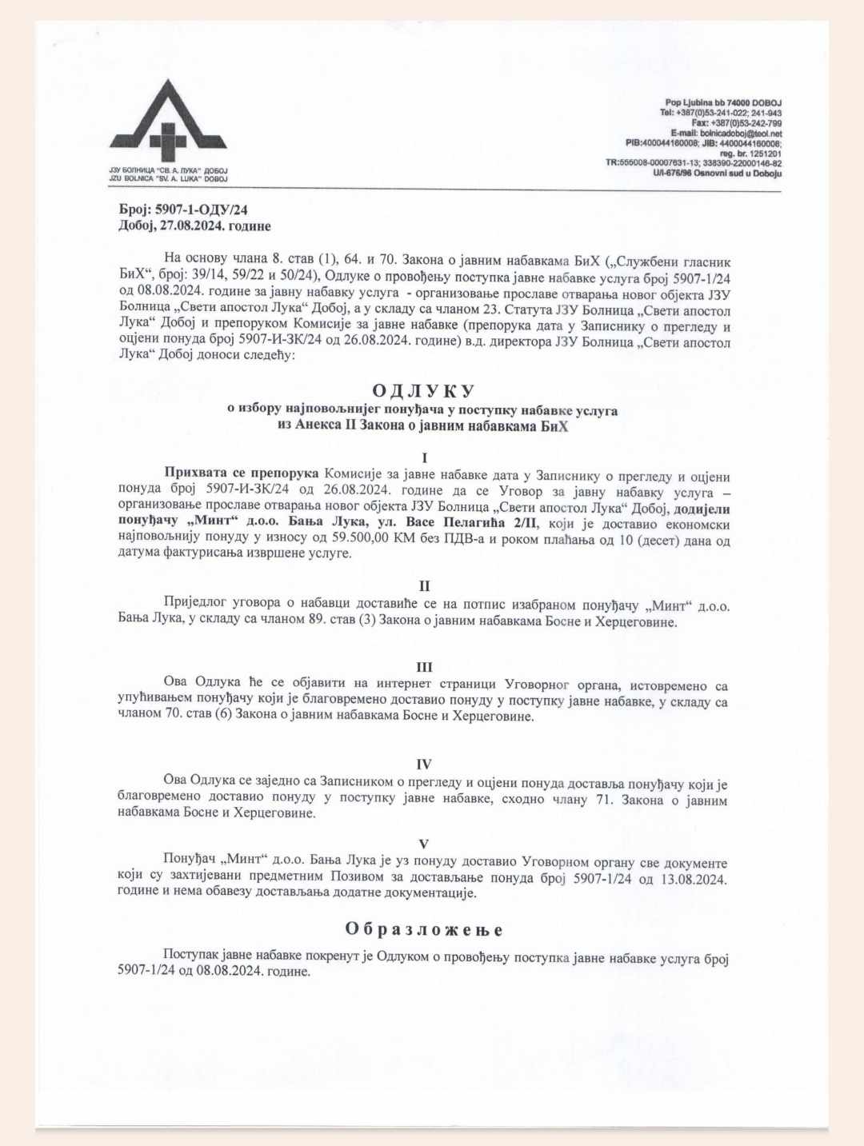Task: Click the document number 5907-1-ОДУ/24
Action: click(x=201, y=210)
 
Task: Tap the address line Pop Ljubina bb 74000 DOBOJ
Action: click(x=722, y=103)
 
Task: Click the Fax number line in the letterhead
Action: click(x=736, y=123)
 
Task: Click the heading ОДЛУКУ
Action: click(x=423, y=390)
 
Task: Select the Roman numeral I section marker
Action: click(x=424, y=458)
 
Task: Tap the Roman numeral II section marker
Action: click(x=424, y=586)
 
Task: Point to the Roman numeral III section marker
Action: click(x=424, y=667)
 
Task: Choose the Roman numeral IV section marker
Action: click(x=424, y=764)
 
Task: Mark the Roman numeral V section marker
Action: click(x=424, y=844)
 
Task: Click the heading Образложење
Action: click(x=424, y=929)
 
